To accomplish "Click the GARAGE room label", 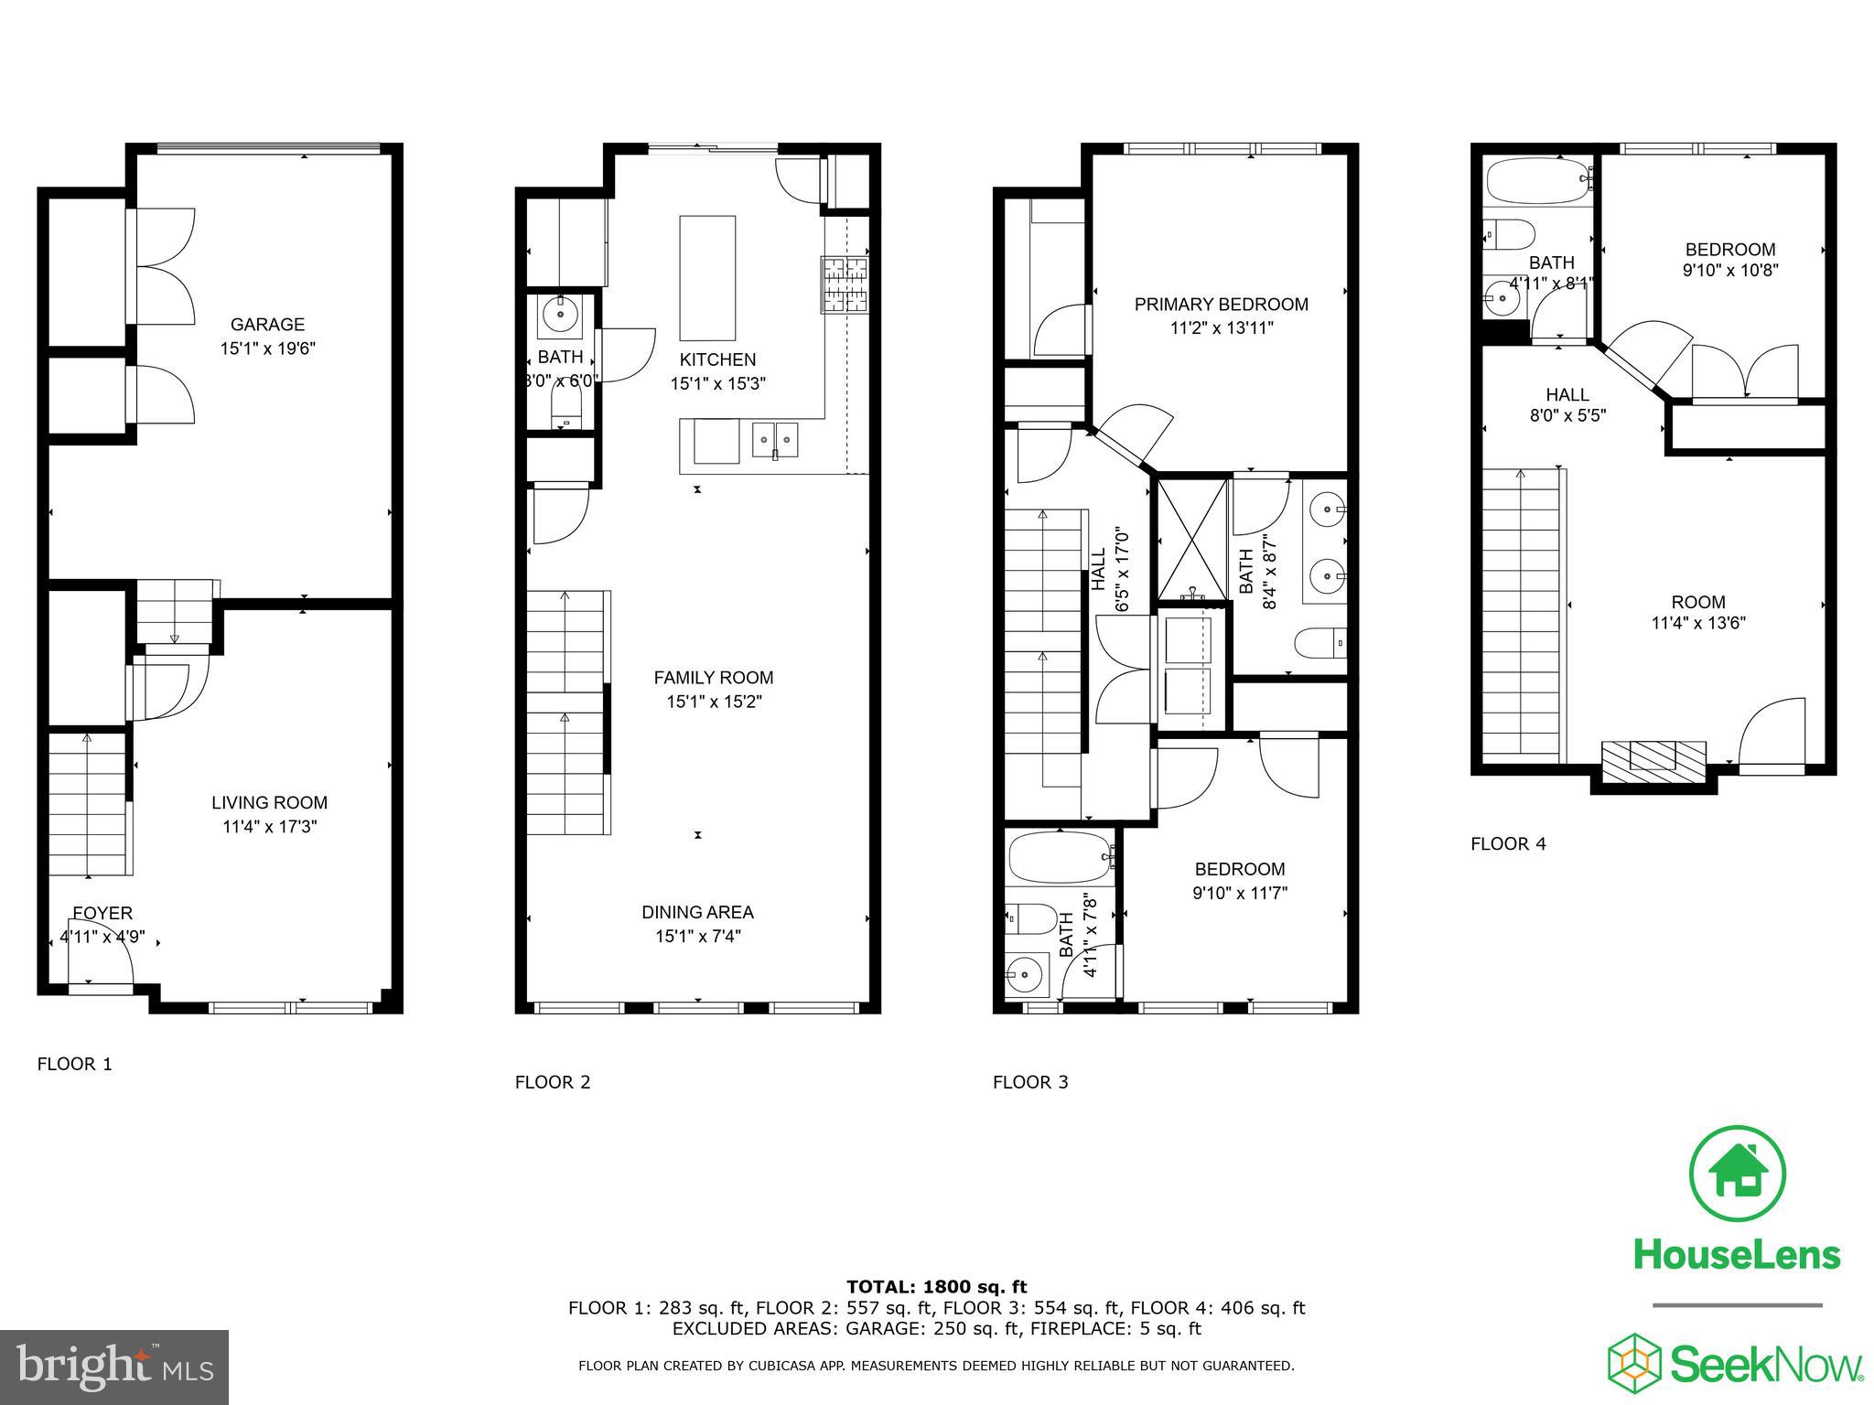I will click(267, 325).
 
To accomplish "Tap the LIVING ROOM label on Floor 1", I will click(269, 803).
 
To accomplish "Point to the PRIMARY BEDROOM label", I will click(1221, 305).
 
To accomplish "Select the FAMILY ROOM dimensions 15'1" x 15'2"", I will click(714, 702).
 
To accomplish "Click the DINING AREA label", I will click(697, 912).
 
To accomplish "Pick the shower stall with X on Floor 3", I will click(1192, 540).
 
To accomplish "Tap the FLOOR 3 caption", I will click(1030, 1082).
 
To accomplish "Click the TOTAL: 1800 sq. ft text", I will click(936, 1287).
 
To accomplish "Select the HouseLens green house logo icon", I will click(1737, 1174).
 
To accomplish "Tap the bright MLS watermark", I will click(114, 1367).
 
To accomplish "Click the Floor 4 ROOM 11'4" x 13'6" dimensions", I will click(1698, 624).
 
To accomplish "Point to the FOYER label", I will click(102, 913).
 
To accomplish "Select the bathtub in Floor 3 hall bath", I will click(1059, 857).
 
